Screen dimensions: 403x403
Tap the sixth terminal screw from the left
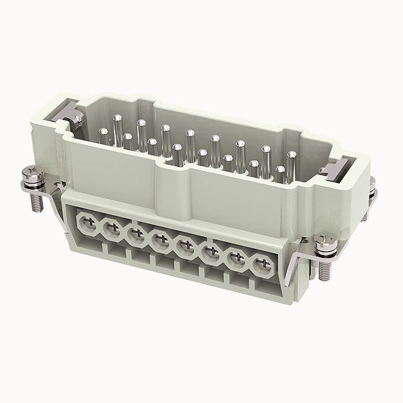point(210,253)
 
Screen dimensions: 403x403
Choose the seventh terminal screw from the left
point(235,260)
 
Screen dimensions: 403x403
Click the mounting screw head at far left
point(30,173)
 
